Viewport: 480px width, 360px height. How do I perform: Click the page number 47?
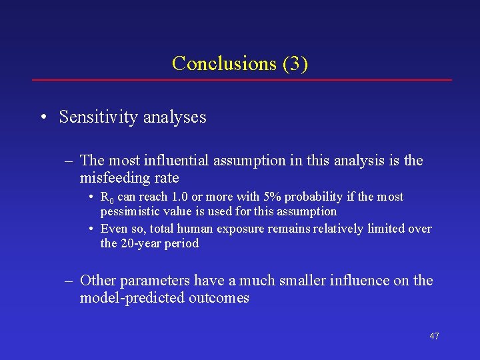[434, 336]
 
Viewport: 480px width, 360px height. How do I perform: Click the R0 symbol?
[107, 197]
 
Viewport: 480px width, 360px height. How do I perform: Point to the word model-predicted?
[126, 298]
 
